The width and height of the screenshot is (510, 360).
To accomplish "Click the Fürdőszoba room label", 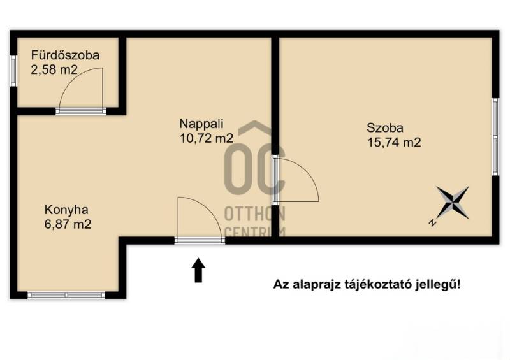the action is (x=65, y=55).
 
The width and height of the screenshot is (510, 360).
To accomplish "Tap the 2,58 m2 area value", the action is (x=54, y=69).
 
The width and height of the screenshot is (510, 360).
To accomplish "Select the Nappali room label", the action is (x=201, y=124).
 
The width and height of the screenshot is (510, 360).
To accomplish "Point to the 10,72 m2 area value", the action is (x=207, y=138).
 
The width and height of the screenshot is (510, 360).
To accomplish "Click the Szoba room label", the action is (x=385, y=127).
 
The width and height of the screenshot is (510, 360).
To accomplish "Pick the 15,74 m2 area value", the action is (x=394, y=143).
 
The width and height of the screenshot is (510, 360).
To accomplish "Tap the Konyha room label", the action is (x=66, y=210).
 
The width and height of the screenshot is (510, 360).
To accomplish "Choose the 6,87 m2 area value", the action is (x=68, y=224).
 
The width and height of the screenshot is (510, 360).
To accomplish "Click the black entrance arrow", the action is (x=198, y=270).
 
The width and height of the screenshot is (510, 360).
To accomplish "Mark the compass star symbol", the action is (x=453, y=202).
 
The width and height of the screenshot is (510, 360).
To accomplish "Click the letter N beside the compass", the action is (x=432, y=223).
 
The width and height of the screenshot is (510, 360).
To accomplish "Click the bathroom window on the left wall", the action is (x=13, y=71).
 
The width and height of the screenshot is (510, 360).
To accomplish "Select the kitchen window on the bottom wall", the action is (x=67, y=295).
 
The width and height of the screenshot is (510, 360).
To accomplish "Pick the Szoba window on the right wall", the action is (x=495, y=137).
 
